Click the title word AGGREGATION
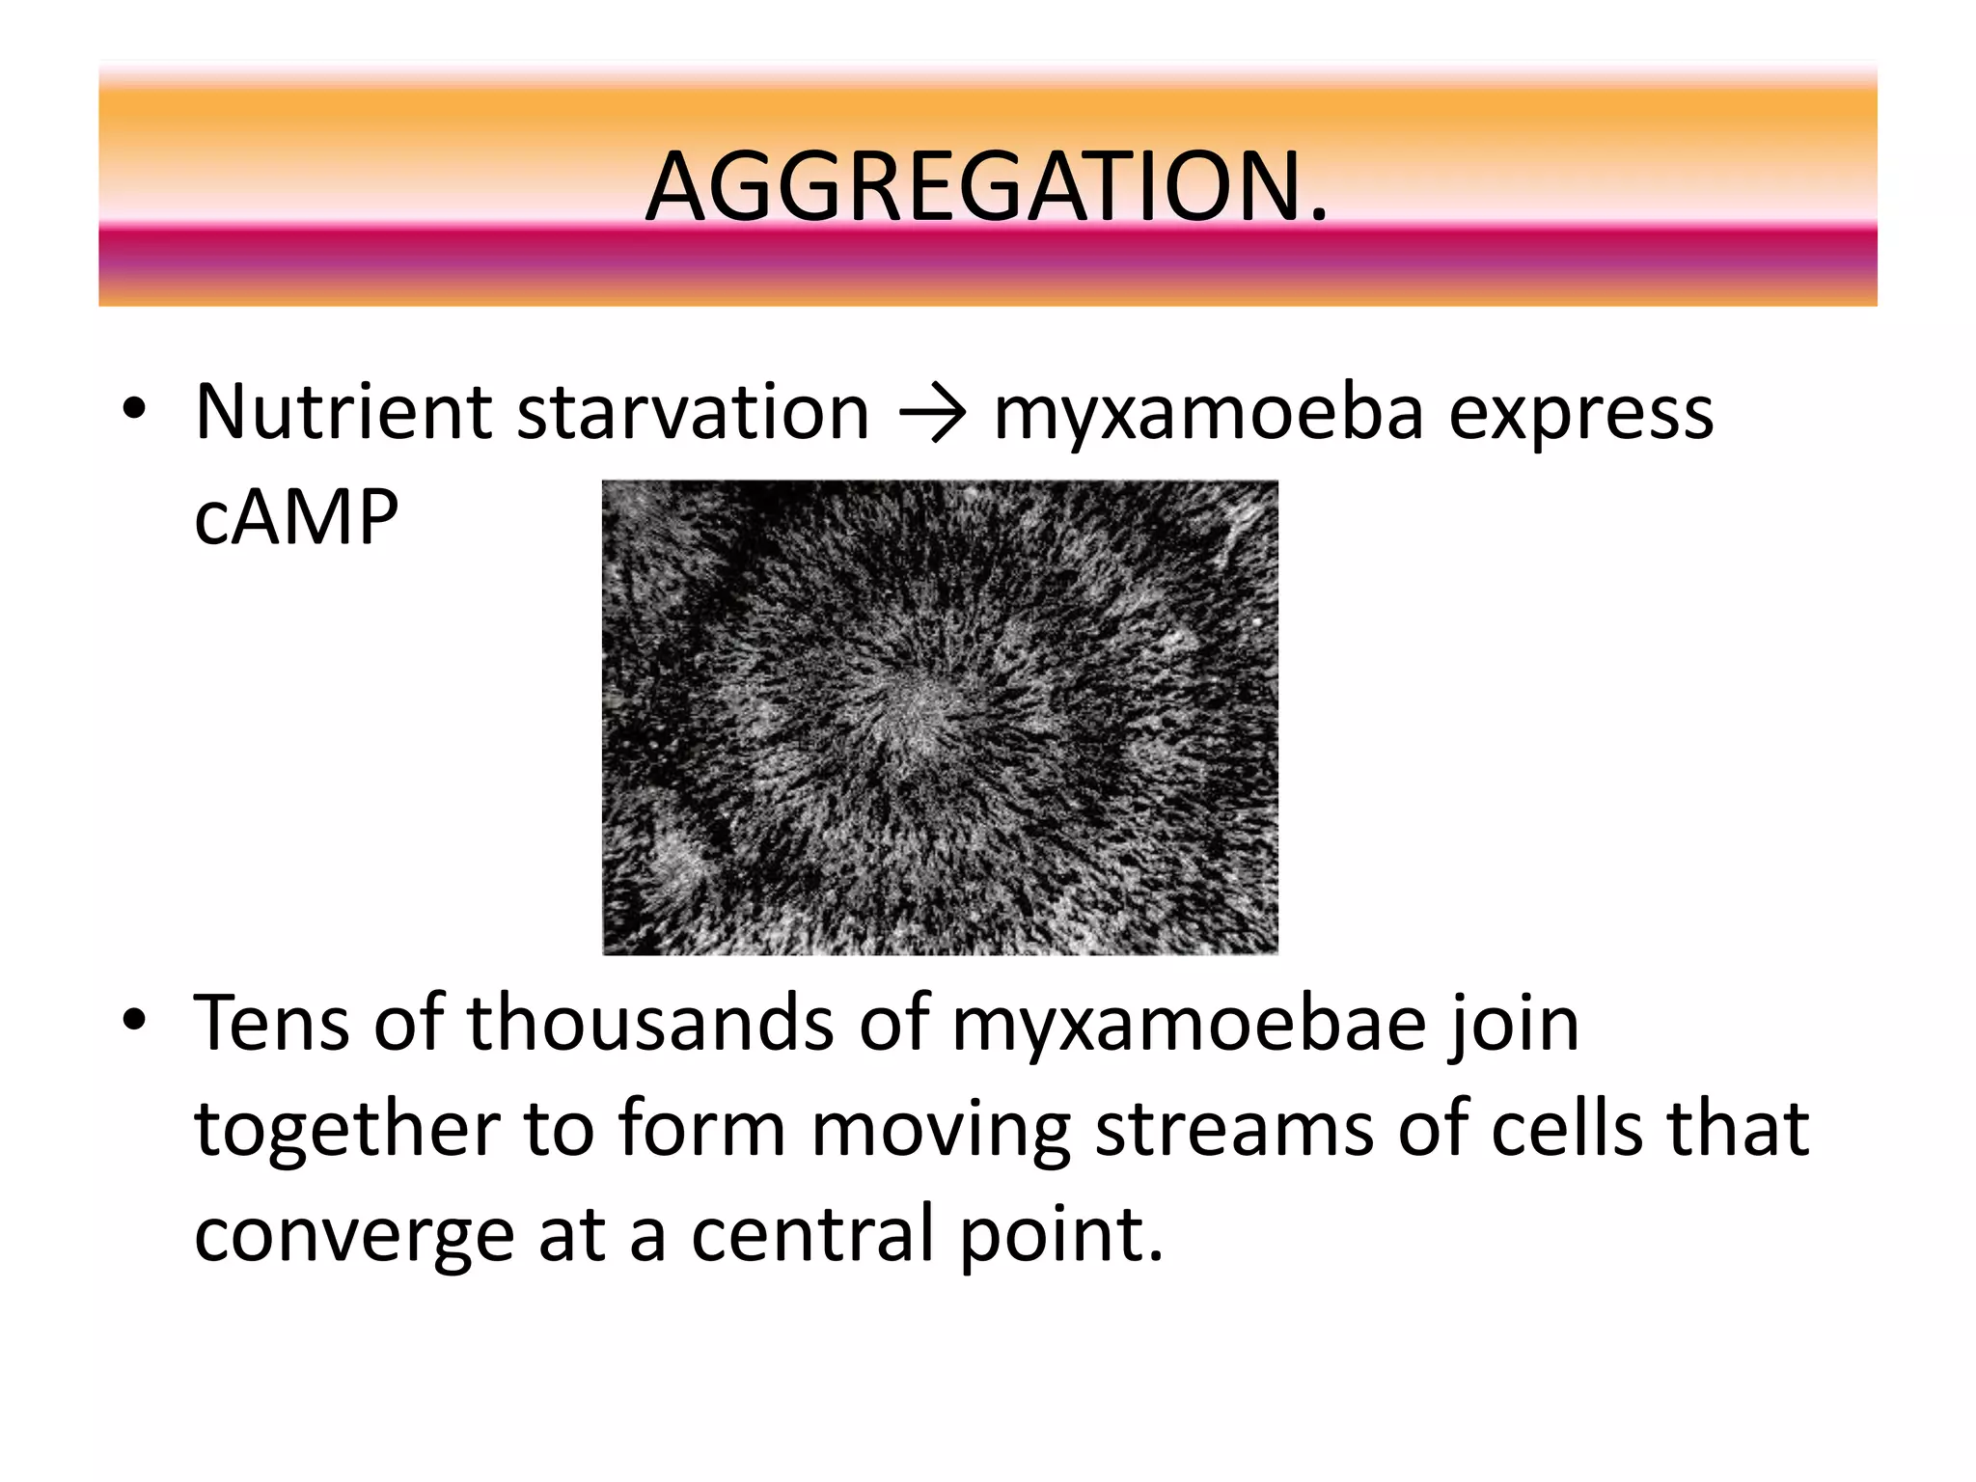click(986, 187)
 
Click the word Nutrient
click(343, 412)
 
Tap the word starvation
click(693, 412)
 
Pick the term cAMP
click(296, 518)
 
